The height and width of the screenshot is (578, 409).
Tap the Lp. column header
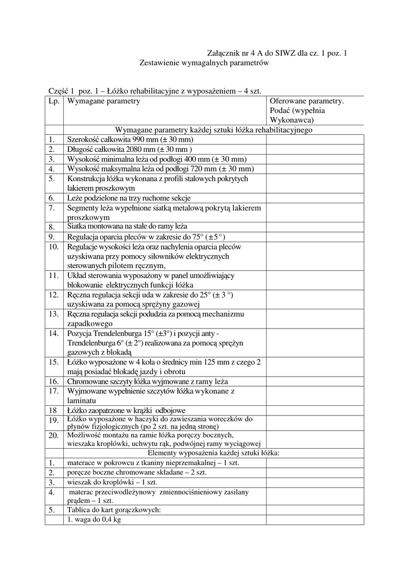tap(54, 101)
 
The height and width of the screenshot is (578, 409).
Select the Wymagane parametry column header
tap(103, 101)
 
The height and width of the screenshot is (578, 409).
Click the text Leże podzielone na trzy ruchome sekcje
tap(129, 198)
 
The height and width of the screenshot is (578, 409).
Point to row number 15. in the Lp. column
tap(54, 362)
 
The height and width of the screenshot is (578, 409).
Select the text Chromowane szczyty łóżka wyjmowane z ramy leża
tap(147, 382)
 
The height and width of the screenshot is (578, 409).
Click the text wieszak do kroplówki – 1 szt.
tap(112, 483)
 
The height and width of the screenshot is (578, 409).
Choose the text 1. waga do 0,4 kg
tap(94, 520)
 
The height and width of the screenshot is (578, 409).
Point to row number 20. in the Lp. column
tap(54, 436)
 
